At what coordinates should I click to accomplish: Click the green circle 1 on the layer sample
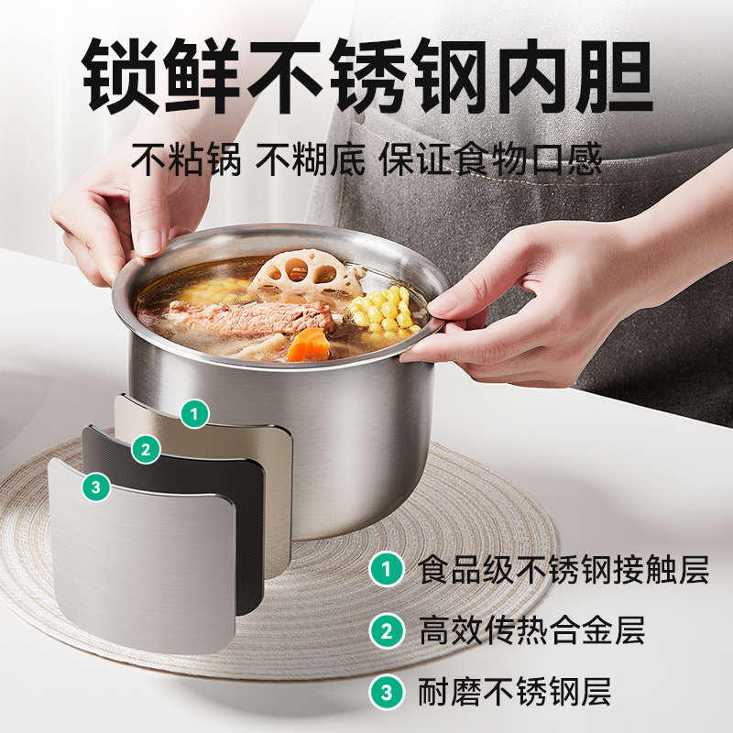click(192, 413)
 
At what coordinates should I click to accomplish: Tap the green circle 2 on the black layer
click(145, 449)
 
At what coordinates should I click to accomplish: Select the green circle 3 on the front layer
click(95, 486)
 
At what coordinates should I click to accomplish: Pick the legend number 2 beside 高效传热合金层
click(387, 630)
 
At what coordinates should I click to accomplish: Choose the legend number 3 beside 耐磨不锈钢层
click(387, 690)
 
